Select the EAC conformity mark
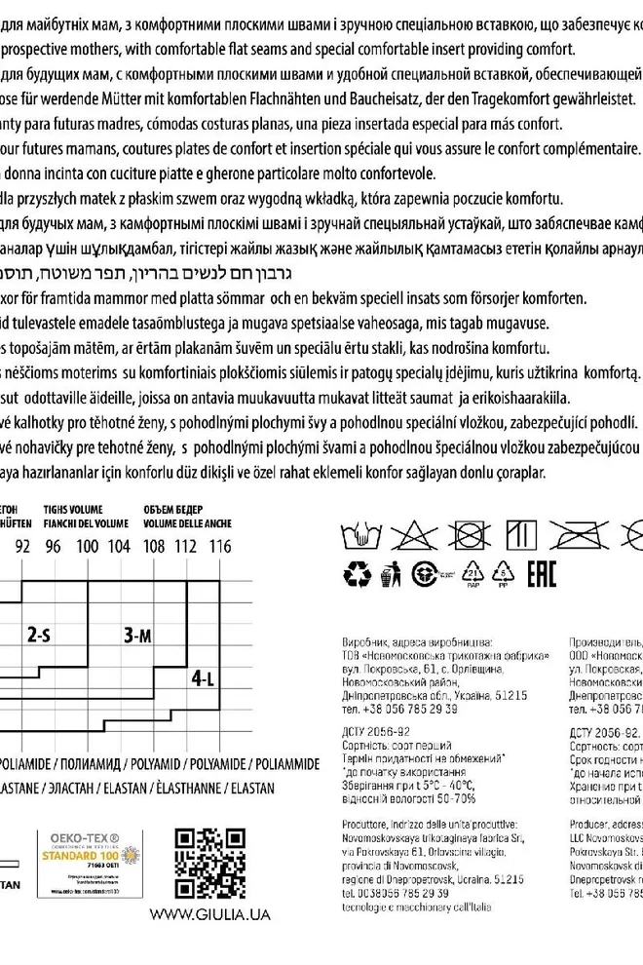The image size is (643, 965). click(541, 575)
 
